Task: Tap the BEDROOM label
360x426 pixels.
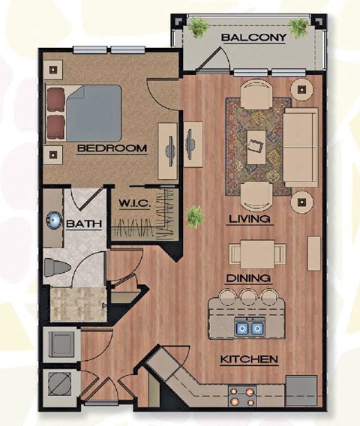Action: point(112,148)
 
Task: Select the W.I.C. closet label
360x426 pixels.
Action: point(135,203)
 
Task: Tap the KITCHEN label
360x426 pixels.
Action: point(249,359)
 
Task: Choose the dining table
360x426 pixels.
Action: point(256,252)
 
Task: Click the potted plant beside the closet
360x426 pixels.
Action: point(194,217)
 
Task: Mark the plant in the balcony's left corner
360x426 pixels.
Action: point(199,28)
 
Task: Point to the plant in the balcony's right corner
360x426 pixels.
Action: point(299,28)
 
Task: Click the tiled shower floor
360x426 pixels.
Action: point(76,304)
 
